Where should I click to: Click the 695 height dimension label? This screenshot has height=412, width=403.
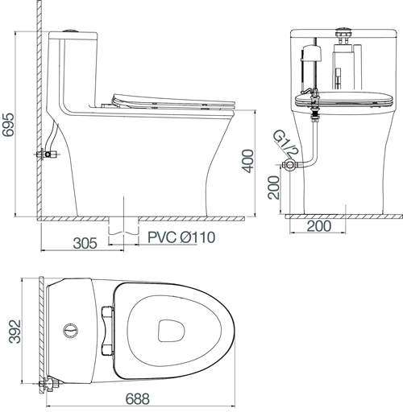point(8,125)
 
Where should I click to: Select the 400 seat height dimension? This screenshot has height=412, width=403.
point(247,161)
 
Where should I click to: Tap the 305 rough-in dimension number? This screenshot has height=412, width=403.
point(85,243)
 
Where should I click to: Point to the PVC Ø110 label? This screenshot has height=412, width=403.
point(181,237)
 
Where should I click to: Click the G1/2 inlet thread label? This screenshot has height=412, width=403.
point(285,144)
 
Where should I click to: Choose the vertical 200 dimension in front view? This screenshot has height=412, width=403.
point(274,187)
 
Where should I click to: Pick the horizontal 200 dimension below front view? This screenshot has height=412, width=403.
point(319,226)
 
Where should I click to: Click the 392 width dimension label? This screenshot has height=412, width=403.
point(15,332)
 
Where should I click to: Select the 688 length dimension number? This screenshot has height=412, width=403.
point(137,399)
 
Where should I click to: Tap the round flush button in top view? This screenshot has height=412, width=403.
point(71,331)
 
